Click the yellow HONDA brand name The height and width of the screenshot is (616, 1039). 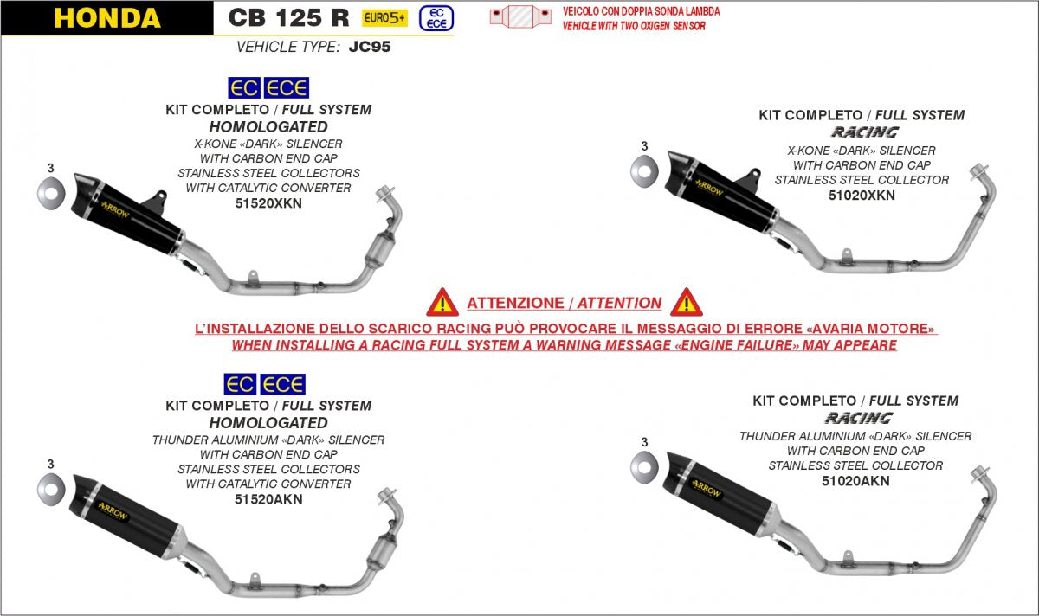(x=107, y=18)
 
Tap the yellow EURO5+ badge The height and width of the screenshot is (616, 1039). (x=384, y=18)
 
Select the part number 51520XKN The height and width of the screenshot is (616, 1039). (x=268, y=203)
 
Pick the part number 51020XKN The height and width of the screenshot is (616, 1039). (x=862, y=196)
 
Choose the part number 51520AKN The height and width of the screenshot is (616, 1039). (x=268, y=499)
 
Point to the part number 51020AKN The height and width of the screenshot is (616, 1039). (x=855, y=481)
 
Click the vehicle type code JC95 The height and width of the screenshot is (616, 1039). (x=370, y=47)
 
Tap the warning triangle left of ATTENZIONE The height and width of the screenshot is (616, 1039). (x=442, y=302)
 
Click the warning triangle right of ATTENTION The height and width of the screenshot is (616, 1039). (x=687, y=302)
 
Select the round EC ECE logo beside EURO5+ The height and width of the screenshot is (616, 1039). (x=436, y=18)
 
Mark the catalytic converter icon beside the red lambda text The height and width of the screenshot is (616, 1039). (x=521, y=16)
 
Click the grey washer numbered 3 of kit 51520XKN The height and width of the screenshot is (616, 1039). (x=50, y=193)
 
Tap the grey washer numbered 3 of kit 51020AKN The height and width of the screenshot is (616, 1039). (x=644, y=466)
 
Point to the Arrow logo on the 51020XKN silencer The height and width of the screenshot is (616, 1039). (x=709, y=187)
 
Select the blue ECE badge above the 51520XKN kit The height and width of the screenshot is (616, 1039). (x=287, y=87)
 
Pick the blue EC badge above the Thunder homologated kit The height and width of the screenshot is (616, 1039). (x=240, y=384)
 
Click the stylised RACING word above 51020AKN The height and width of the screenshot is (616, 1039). (x=859, y=418)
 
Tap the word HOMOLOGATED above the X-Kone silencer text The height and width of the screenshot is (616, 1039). (x=268, y=126)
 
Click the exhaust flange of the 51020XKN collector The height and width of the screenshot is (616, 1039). (x=978, y=172)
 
